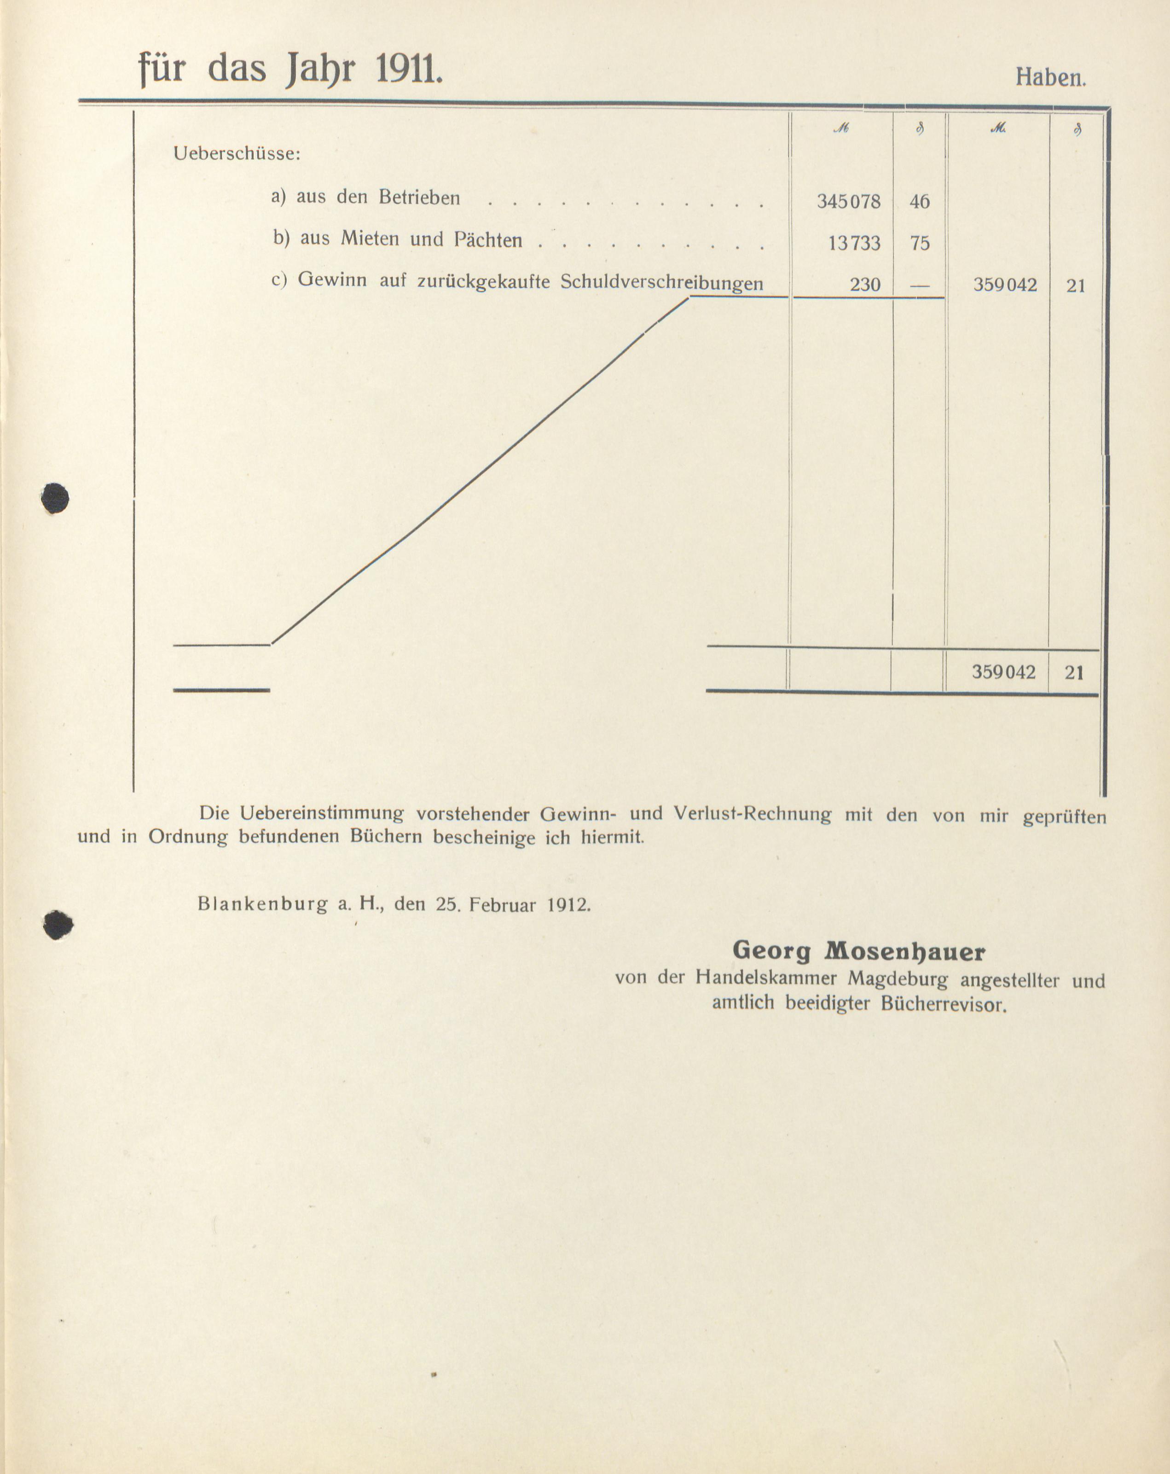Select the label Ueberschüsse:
coord(237,154)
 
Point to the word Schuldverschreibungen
coord(661,282)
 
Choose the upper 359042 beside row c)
coord(1005,285)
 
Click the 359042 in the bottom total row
coord(1004,672)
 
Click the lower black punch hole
coord(58,926)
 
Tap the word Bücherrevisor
coord(944,1005)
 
